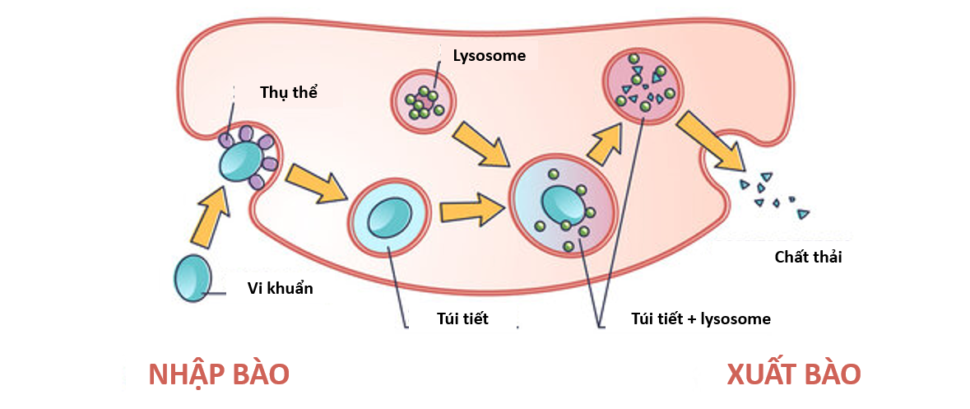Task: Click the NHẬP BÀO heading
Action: pos(219,374)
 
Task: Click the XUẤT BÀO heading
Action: pos(793,374)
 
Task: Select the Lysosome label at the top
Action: pos(489,57)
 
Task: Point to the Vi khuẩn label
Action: pos(280,289)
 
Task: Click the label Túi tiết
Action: pos(462,318)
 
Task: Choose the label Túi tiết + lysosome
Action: pos(700,318)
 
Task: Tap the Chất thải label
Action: pos(808,257)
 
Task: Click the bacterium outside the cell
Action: pos(192,277)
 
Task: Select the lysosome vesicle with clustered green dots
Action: pos(423,101)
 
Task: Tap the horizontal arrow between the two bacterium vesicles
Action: pos(471,211)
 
